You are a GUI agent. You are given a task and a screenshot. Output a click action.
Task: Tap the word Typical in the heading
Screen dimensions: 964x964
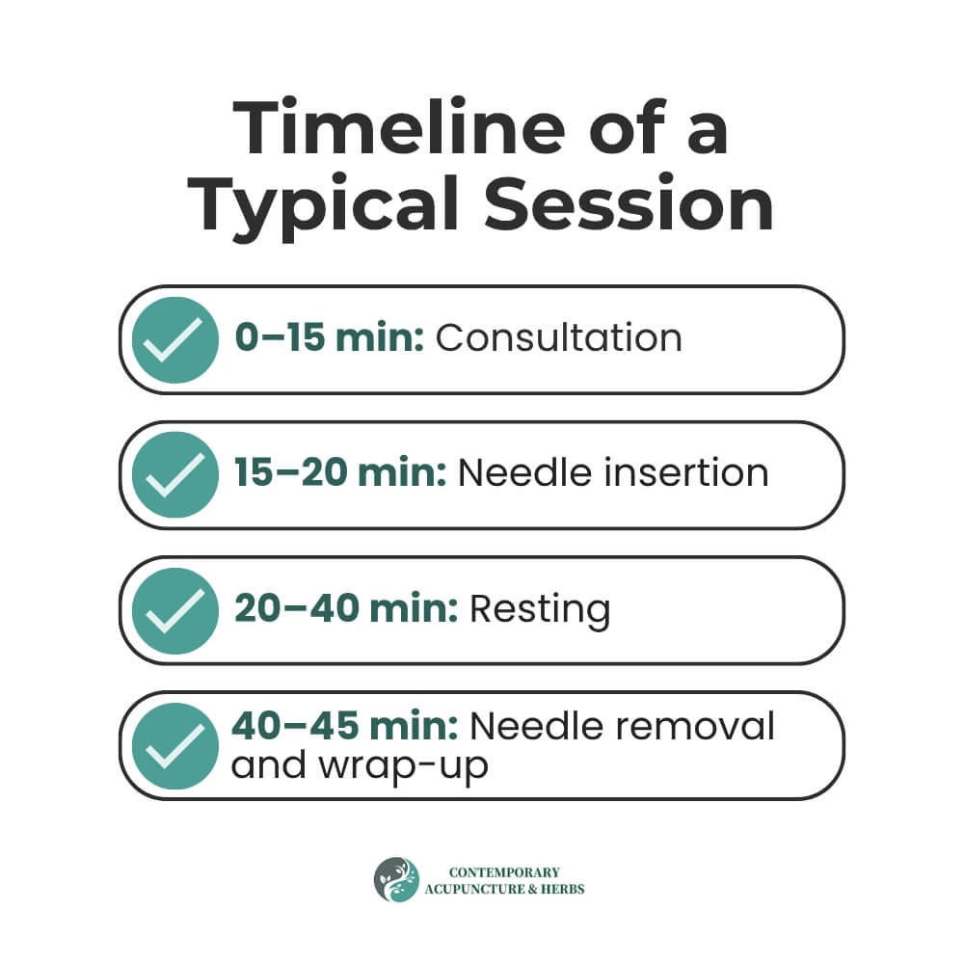[x=323, y=205]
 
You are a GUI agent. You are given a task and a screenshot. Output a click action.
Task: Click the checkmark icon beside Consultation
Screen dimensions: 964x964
[x=175, y=340]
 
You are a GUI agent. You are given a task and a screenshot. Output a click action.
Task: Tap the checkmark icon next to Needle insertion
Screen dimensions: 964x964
[x=175, y=474]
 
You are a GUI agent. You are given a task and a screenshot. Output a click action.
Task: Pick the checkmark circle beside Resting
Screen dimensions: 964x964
[x=175, y=610]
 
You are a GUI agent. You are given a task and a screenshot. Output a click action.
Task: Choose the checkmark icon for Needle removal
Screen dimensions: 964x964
[x=175, y=746]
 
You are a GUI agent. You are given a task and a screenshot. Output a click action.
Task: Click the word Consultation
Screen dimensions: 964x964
[x=559, y=337]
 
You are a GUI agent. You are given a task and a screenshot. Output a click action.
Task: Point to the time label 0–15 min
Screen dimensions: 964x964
[x=330, y=337]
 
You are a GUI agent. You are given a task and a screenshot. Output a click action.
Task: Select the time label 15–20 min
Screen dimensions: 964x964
[x=340, y=472]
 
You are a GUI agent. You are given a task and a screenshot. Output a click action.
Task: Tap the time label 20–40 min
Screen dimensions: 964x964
[x=346, y=608]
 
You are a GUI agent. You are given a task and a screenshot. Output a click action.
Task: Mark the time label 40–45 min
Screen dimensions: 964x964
[x=345, y=726]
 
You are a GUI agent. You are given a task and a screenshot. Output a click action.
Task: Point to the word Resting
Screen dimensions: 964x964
[x=540, y=610]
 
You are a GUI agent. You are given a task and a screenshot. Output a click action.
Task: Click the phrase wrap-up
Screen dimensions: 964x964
[x=403, y=768]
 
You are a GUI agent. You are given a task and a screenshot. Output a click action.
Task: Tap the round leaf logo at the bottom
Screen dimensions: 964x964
[x=396, y=880]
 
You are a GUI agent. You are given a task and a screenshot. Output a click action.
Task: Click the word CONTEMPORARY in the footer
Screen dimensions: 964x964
[x=504, y=872]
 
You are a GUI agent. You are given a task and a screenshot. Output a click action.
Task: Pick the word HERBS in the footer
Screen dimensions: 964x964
[x=563, y=889]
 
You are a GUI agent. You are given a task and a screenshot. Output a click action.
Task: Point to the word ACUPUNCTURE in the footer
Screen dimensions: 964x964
[x=474, y=889]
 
